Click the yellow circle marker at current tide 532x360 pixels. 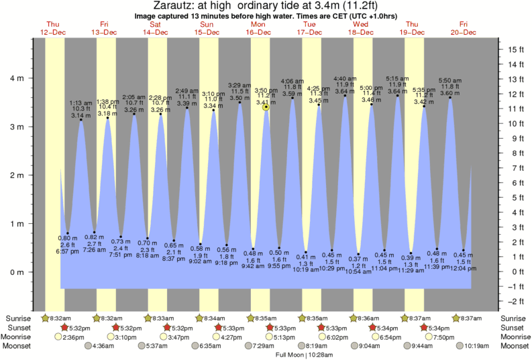pos(266,107)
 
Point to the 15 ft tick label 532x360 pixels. pos(515,50)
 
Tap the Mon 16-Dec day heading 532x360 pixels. pos(258,28)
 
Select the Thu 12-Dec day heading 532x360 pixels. pos(52,28)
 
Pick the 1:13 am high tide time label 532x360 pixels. pos(81,103)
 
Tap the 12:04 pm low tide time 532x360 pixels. pos(463,268)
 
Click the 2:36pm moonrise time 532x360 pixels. pos(73,337)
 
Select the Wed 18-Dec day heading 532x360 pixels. pos(361,28)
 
